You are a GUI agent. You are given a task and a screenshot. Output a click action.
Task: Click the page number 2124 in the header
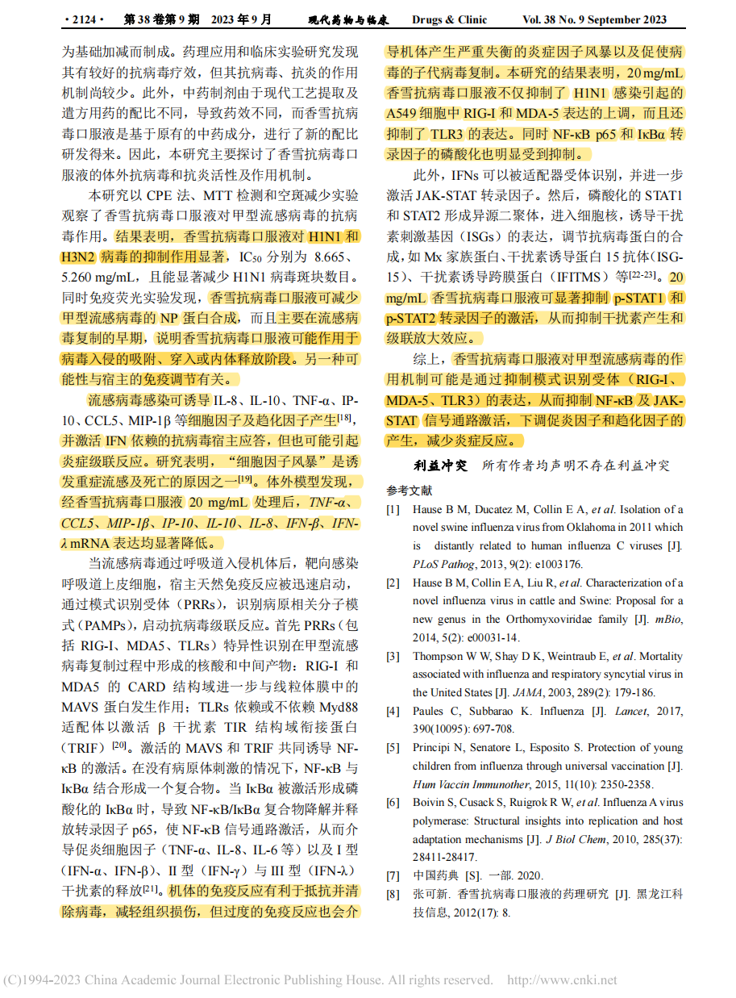click(x=85, y=19)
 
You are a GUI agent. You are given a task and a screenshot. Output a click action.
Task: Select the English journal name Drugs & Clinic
click(x=450, y=19)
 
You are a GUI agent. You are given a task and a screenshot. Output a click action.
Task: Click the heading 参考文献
click(x=409, y=490)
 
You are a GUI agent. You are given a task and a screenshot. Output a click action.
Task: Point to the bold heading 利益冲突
click(x=440, y=466)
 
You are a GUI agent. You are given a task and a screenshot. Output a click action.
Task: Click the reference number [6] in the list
click(x=393, y=802)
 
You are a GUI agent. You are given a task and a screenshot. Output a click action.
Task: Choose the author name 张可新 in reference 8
click(x=430, y=894)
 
